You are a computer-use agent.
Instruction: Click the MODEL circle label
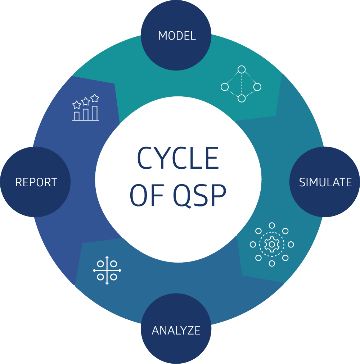[177, 36]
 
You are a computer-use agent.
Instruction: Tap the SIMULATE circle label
[325, 182]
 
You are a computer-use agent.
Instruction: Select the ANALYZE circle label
[176, 330]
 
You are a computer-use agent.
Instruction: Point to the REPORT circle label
[36, 182]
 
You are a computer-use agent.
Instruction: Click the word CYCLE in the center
[178, 158]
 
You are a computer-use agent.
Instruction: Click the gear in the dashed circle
[272, 244]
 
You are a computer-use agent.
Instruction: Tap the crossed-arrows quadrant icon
[107, 270]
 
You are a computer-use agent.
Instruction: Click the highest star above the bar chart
[95, 97]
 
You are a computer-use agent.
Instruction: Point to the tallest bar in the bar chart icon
[95, 113]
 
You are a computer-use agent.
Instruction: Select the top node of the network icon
[242, 69]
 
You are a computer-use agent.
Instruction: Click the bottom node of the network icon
[242, 98]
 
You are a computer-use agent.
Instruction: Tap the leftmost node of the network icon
[224, 87]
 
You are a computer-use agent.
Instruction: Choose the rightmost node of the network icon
[257, 87]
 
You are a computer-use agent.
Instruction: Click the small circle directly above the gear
[272, 226]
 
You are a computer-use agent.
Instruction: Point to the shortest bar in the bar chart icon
[77, 116]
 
